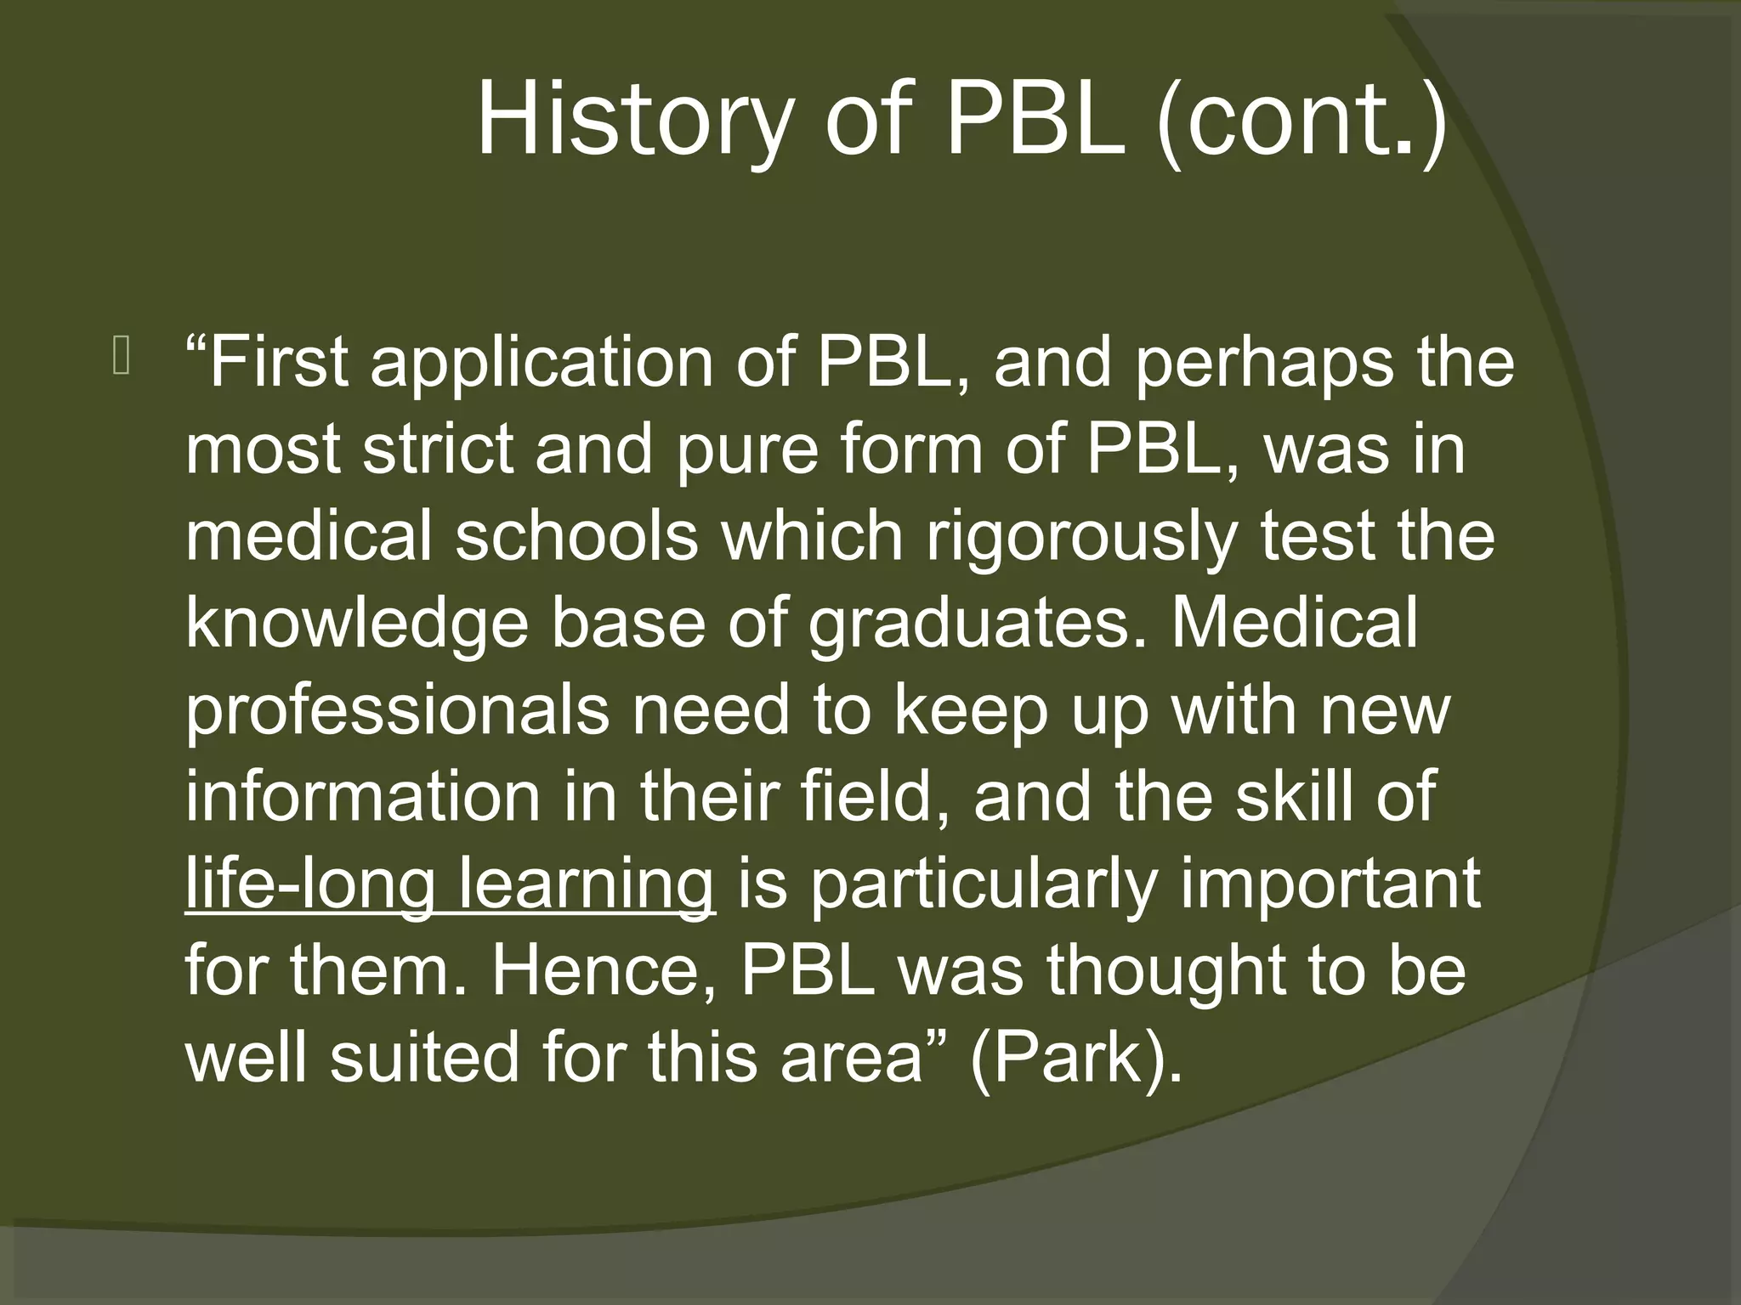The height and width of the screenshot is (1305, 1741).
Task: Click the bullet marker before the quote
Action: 120,357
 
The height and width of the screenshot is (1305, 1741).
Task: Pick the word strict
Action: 438,449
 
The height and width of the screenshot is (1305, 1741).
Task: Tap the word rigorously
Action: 1080,537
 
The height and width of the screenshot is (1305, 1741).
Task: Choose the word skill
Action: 1300,799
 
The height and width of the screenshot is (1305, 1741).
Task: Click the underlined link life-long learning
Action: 450,885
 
